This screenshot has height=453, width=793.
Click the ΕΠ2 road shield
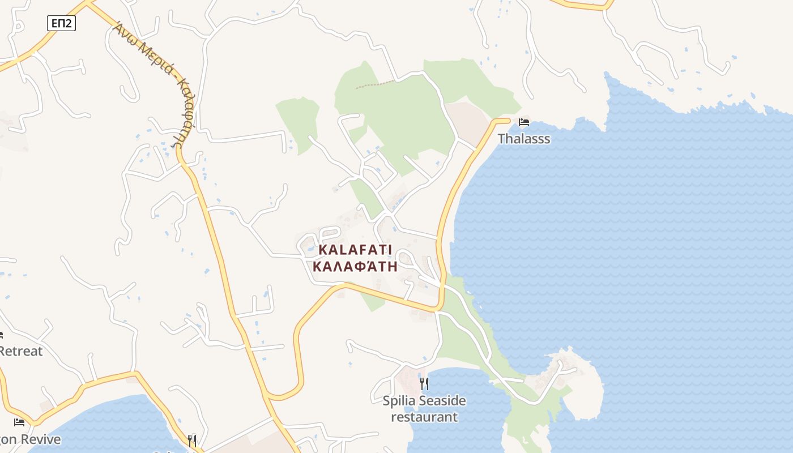61,23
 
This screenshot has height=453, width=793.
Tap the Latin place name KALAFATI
355,250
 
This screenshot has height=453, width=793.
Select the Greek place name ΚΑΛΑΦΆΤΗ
355,267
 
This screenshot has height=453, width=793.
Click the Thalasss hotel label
524,139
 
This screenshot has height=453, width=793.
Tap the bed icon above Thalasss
524,122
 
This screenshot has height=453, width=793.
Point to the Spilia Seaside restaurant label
424,409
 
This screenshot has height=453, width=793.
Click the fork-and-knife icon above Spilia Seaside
424,384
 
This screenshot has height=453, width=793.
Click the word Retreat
21,351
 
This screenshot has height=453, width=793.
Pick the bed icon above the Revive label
19,422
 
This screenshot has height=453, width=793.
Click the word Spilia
399,401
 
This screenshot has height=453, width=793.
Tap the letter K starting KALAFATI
323,250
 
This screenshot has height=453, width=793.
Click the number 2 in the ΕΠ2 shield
69,23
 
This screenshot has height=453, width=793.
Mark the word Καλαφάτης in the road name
183,113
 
